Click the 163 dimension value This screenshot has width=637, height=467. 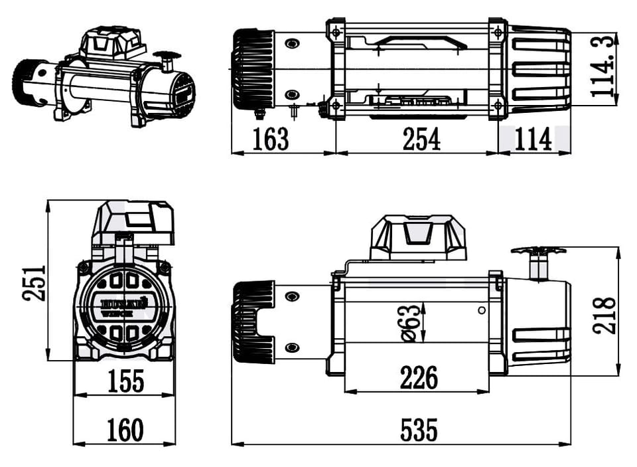[271, 140]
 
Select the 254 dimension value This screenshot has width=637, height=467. [421, 140]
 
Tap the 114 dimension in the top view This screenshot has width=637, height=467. [533, 140]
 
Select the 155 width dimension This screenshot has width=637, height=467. [125, 381]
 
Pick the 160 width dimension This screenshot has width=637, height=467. [125, 430]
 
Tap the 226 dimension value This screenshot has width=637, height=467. [419, 378]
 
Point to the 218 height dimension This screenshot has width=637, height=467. [604, 316]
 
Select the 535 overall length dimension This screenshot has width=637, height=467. [419, 430]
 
